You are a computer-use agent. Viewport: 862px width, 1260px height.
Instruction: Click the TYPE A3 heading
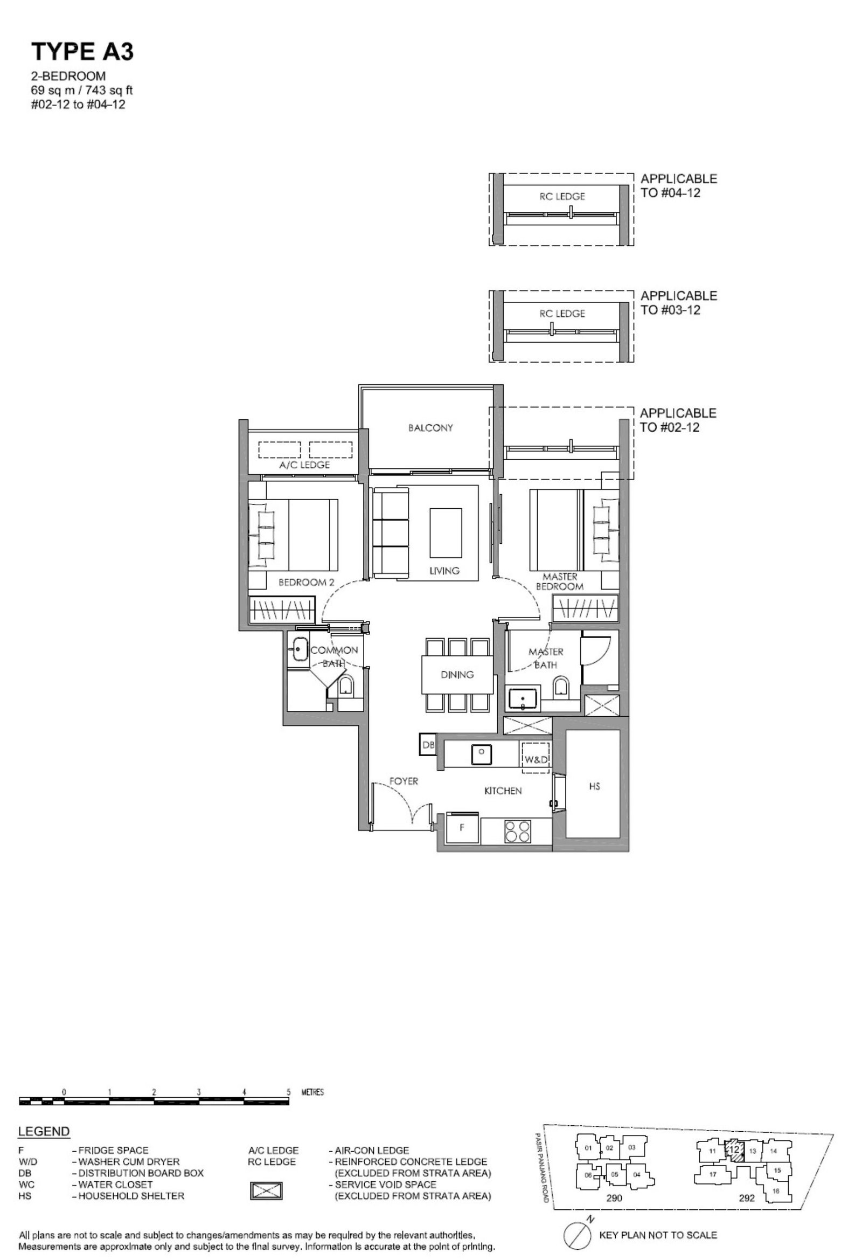(x=82, y=52)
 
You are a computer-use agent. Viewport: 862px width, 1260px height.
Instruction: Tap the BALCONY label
(x=430, y=428)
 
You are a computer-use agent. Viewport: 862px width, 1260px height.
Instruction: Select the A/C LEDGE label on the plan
(x=305, y=465)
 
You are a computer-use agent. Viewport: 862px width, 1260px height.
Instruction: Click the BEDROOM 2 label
(x=307, y=582)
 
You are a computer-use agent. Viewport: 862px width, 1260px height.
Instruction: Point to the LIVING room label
(x=444, y=570)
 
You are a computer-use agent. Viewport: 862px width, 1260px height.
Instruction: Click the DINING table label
(x=457, y=674)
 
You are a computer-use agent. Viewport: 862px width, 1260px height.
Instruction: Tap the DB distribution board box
(x=428, y=744)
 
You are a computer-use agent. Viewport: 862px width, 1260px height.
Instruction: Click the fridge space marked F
(x=462, y=828)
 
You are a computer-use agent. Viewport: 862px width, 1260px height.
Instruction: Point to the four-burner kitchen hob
(x=517, y=830)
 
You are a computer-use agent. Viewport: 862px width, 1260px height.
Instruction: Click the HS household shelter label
(x=594, y=786)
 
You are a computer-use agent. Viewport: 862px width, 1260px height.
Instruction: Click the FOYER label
(x=404, y=781)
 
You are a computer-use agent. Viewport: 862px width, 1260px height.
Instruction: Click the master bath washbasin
(x=523, y=698)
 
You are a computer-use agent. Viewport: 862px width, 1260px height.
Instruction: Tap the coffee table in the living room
(x=446, y=532)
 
